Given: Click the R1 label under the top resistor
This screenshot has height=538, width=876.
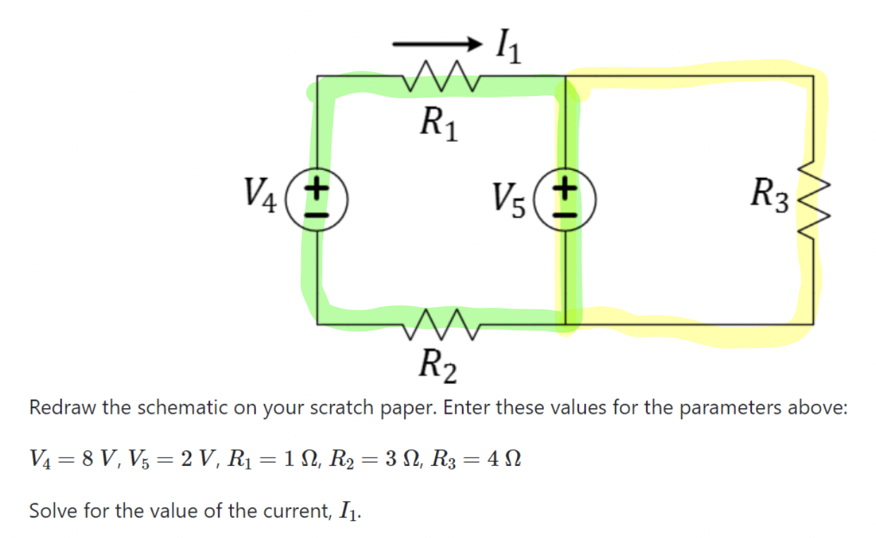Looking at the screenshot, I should [x=438, y=125].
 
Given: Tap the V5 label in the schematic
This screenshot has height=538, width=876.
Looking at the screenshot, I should [x=509, y=200].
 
